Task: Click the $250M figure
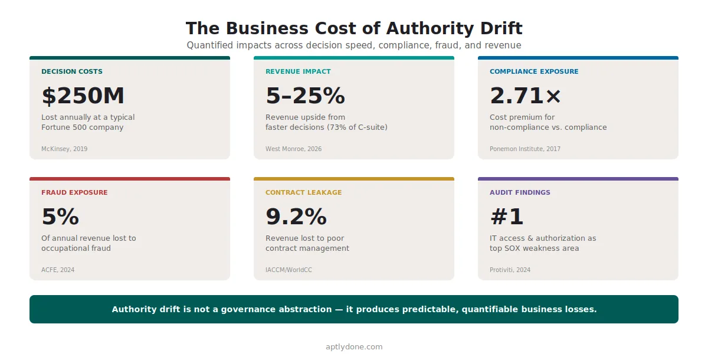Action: click(83, 96)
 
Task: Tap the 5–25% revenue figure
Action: click(305, 96)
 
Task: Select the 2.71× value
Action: click(526, 96)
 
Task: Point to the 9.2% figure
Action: click(296, 217)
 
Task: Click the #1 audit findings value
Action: click(507, 217)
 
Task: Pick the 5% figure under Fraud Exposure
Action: click(60, 217)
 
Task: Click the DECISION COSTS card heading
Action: click(71, 71)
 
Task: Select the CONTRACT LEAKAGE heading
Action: click(303, 192)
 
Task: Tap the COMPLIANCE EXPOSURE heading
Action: click(534, 71)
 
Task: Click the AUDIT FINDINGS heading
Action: click(520, 192)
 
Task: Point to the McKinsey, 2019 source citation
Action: click(64, 149)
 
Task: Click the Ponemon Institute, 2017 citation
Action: click(525, 149)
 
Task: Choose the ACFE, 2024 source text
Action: click(58, 270)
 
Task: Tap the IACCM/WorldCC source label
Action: click(289, 270)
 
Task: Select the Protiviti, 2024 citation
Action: click(510, 270)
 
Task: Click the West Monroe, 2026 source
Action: click(293, 149)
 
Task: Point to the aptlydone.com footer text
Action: click(354, 347)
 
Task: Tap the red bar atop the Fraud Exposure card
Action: click(130, 179)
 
